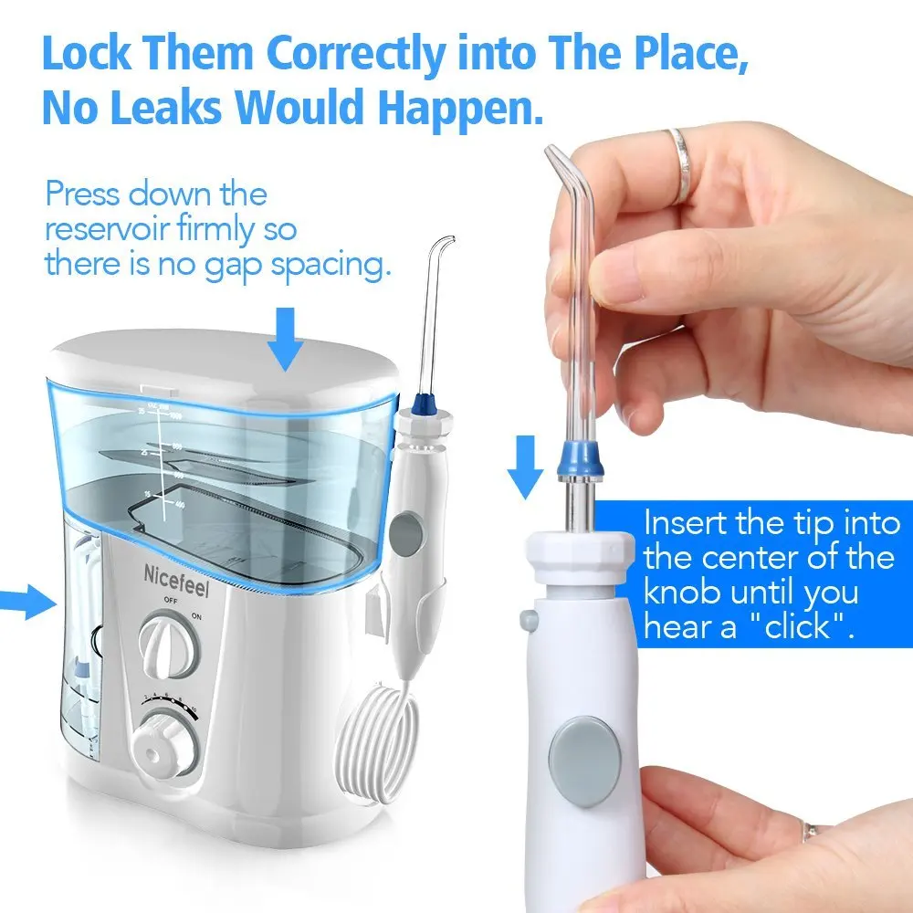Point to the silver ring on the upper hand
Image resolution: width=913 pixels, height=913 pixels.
(x=681, y=164)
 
